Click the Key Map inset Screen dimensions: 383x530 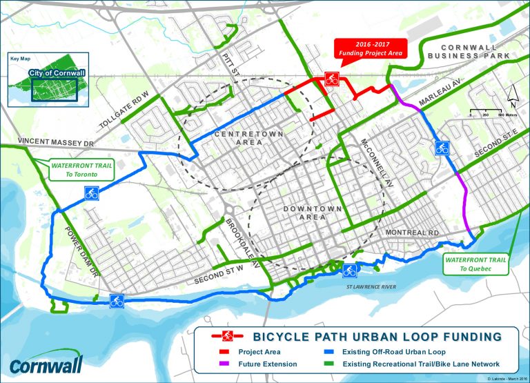click(41, 80)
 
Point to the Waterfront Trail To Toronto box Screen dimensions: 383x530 click(74, 170)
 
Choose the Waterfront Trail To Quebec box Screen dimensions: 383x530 click(476, 264)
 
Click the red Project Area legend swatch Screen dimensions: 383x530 click(219, 351)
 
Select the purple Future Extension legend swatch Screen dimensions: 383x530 click(219, 364)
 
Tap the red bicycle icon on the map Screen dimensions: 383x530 click(331, 79)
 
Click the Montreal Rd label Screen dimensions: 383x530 click(413, 233)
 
